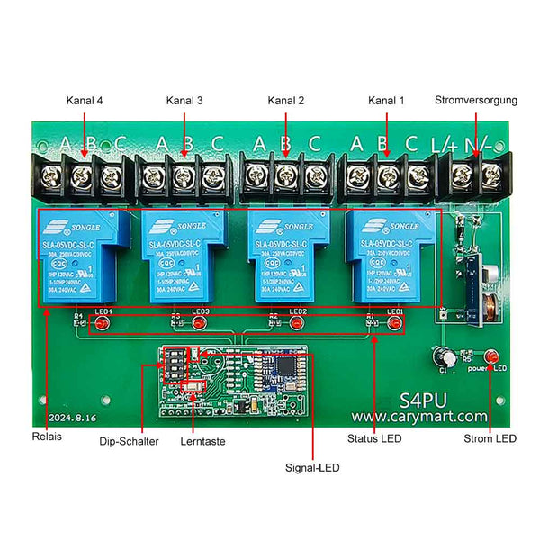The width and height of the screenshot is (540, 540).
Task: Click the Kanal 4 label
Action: pos(85,101)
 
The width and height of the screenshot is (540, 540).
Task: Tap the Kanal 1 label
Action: pos(388,101)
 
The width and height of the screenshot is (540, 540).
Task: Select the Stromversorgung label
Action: pos(476,101)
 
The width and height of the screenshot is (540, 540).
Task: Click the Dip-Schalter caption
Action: pos(130,442)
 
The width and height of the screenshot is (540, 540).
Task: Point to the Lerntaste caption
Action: pos(202,442)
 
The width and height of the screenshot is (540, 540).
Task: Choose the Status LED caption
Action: pos(373,439)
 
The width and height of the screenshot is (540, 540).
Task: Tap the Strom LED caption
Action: pos(490,439)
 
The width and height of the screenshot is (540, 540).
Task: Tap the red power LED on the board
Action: pos(491,355)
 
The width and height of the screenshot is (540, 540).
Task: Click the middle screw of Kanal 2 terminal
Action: pos(286,174)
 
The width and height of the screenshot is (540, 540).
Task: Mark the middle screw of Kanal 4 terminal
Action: pos(84,174)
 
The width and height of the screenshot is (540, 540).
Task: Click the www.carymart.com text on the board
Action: pos(419,417)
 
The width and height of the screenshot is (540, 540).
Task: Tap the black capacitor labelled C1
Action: pos(443,355)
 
